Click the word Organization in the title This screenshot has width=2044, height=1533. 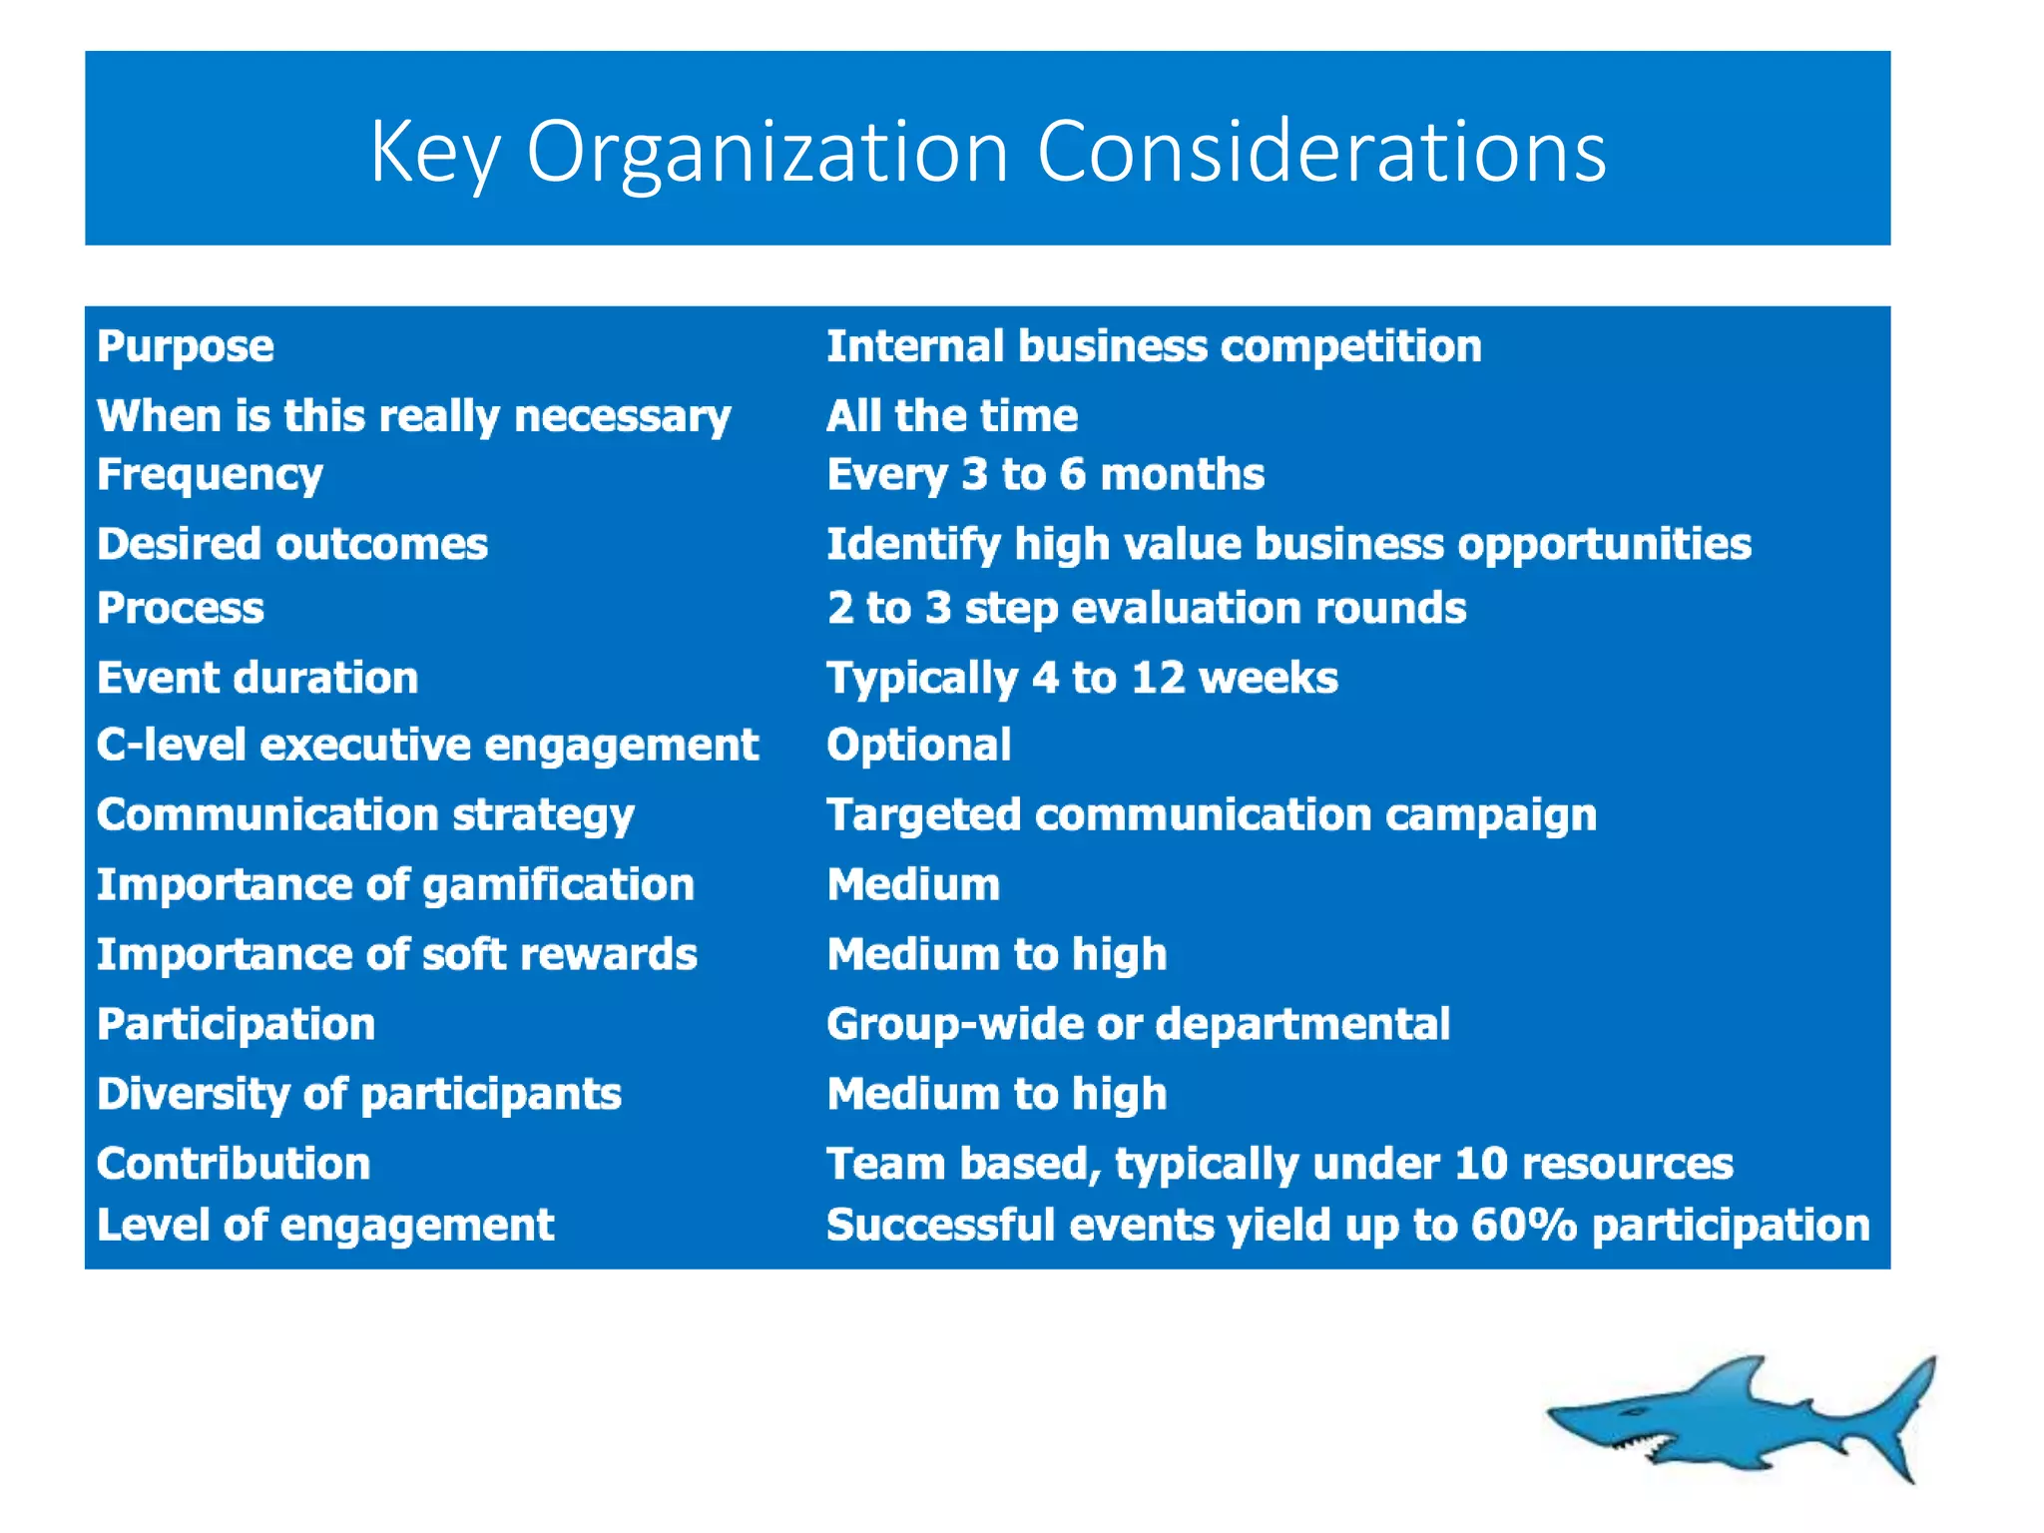(x=766, y=152)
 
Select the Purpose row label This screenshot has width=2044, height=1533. (x=186, y=346)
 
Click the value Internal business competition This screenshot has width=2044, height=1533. (x=1154, y=346)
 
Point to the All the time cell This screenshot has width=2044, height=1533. (x=952, y=415)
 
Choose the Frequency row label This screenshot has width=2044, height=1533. (x=210, y=475)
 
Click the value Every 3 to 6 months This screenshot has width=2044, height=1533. (x=1045, y=475)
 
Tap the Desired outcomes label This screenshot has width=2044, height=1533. (x=292, y=544)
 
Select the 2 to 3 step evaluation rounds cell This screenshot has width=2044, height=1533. (x=1146, y=608)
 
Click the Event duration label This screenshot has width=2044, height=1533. (x=257, y=678)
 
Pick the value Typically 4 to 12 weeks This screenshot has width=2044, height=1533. (x=1082, y=679)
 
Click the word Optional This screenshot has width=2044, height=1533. (x=918, y=745)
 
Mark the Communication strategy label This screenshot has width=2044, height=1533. (x=365, y=815)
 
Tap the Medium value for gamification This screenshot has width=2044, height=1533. (x=913, y=884)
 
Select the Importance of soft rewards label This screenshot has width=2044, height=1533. (x=396, y=954)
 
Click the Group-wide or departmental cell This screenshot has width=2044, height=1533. (x=1138, y=1024)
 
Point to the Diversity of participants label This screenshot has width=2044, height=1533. (x=359, y=1094)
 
